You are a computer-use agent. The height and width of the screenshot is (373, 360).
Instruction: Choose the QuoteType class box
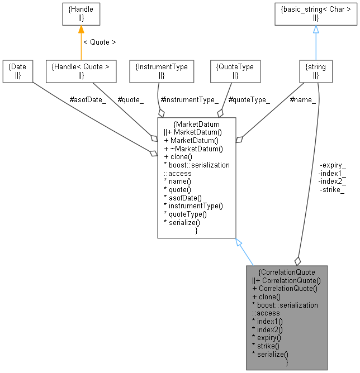click(235, 71)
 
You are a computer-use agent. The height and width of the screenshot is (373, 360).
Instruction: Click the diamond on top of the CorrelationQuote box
click(297, 261)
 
